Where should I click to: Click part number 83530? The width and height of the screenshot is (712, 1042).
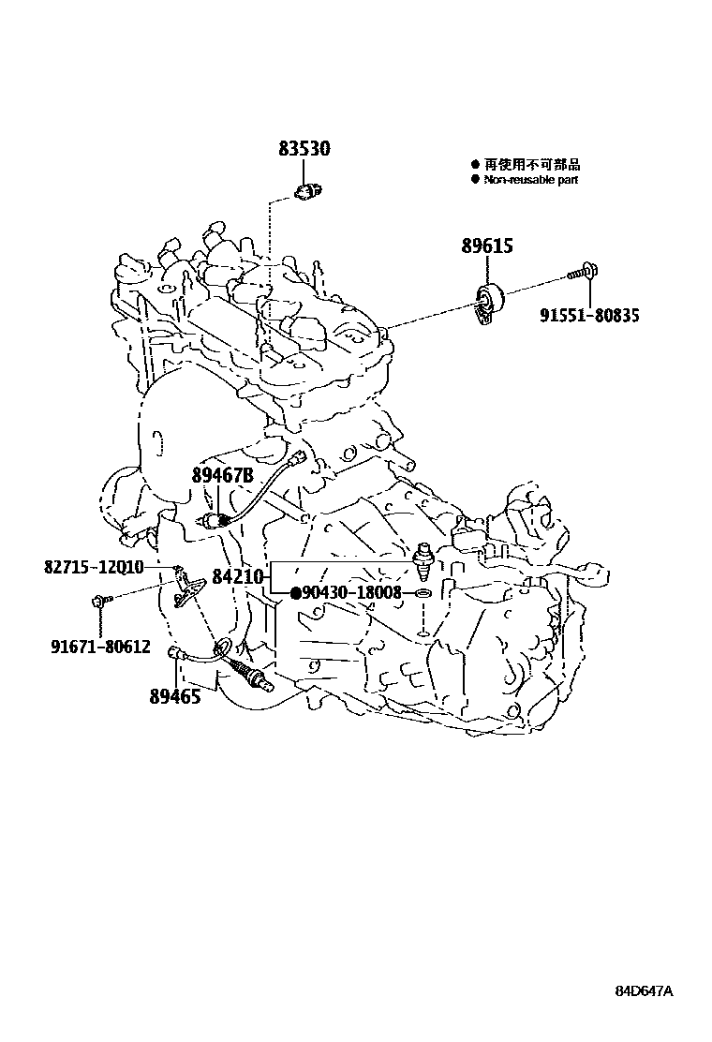tap(304, 149)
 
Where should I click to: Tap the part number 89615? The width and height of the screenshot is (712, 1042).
tap(486, 246)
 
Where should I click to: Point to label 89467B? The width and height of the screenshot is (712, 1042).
tap(223, 476)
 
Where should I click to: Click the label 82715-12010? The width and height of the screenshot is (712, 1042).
tap(93, 567)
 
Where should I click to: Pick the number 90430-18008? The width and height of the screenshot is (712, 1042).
tap(351, 593)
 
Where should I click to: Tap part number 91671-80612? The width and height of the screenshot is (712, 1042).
tap(100, 646)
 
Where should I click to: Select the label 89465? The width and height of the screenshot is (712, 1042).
tap(174, 696)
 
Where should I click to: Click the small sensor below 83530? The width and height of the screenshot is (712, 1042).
tap(306, 192)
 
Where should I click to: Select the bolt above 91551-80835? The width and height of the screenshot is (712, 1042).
tap(586, 273)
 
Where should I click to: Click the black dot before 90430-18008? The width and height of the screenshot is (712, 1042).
tap(295, 593)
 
